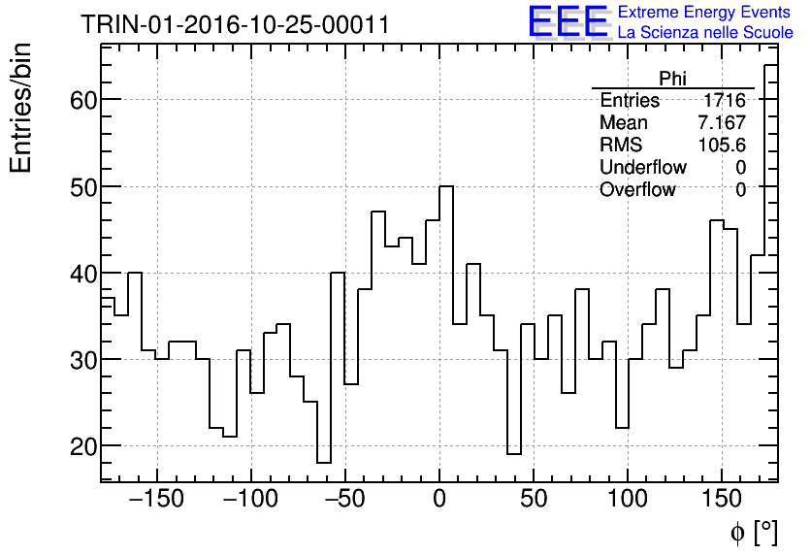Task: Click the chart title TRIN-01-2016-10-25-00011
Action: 235,24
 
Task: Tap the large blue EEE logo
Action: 568,22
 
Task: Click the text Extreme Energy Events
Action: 705,13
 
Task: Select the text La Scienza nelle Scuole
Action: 705,33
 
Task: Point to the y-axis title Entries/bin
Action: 21,108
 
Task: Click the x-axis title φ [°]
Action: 753,532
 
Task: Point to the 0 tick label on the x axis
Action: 439,500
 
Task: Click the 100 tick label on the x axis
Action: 628,500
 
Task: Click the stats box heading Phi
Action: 672,79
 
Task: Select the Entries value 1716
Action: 725,101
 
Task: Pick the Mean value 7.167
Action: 722,123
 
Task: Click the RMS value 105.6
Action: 722,146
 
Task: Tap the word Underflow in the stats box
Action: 643,168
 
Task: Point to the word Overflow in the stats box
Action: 637,190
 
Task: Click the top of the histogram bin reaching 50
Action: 446,186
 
